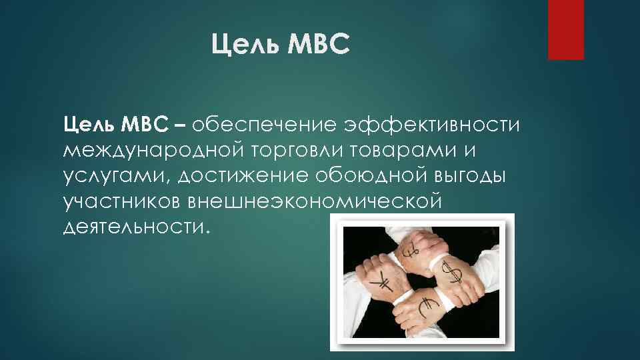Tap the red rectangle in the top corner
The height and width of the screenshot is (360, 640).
[565, 29]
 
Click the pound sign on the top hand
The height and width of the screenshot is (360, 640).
[411, 252]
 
